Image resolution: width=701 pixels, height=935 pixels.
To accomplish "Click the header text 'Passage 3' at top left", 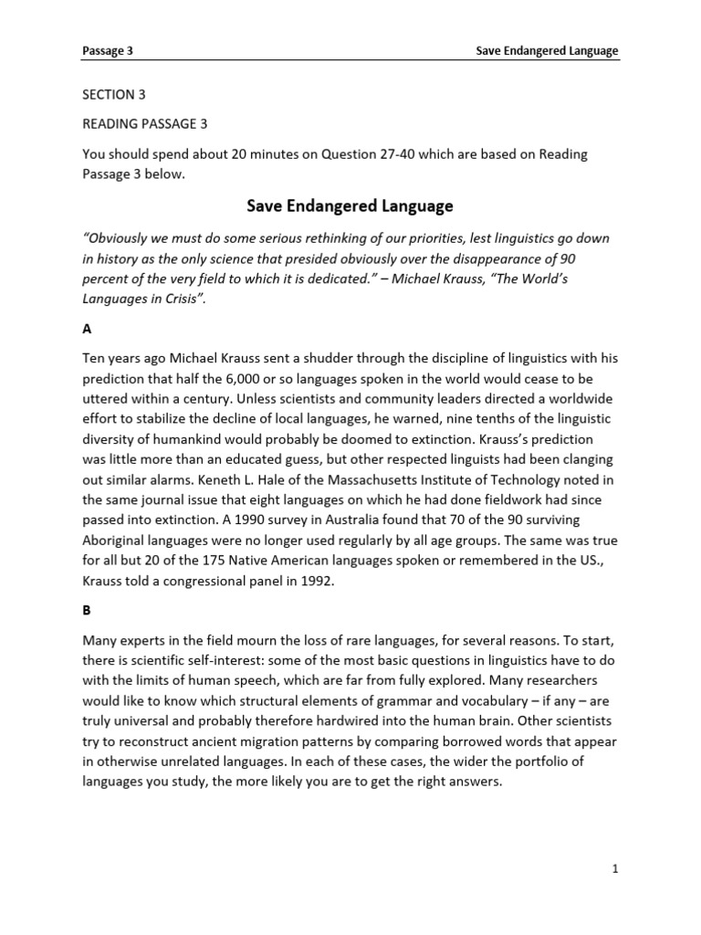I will [108, 51].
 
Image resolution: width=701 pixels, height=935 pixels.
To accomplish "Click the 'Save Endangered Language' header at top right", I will [548, 51].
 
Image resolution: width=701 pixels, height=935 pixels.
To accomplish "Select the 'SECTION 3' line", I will [114, 95].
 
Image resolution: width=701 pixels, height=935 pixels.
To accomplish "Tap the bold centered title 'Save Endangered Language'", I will [350, 207].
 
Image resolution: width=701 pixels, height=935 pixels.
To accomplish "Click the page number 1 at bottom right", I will [615, 870].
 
